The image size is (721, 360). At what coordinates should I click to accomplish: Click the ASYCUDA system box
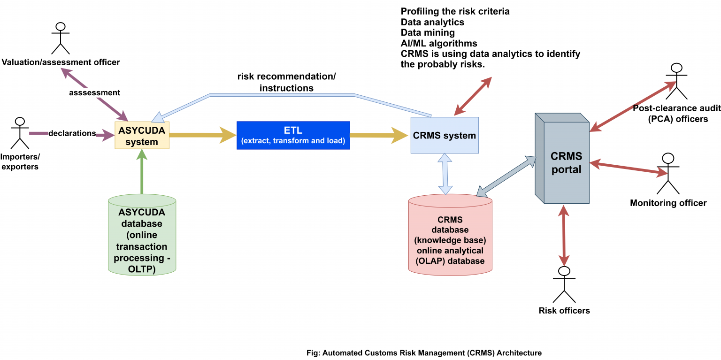[x=142, y=135]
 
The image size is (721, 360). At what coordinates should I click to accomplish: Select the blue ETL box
[x=293, y=135]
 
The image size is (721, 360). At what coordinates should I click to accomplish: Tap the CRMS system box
[x=444, y=135]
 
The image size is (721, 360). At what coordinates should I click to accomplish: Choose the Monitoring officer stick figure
[x=668, y=173]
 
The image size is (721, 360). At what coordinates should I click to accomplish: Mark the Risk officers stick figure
[x=564, y=285]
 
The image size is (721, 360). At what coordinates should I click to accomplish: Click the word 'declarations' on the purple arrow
[x=72, y=133]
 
